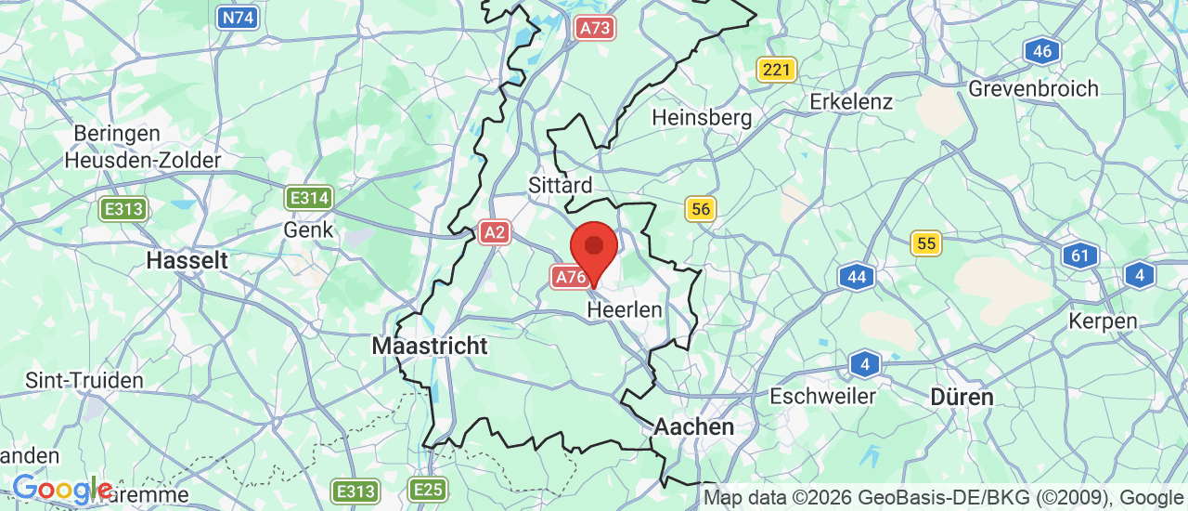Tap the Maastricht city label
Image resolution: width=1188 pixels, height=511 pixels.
[x=429, y=346]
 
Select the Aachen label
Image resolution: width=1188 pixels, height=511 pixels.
[x=694, y=426]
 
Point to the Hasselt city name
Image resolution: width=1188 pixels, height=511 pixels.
[x=187, y=260]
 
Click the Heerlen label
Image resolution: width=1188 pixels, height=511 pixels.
[x=625, y=309]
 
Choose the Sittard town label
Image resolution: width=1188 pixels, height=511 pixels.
[x=560, y=185]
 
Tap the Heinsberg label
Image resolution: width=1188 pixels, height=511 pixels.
[x=702, y=118]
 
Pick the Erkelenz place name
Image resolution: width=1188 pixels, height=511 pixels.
[x=851, y=100]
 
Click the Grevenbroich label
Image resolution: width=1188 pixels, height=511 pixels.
[x=1033, y=88]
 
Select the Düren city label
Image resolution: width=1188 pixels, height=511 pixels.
[x=962, y=397]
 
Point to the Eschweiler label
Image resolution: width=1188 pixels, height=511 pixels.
[x=822, y=396]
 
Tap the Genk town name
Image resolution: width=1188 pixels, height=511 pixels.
[x=309, y=229]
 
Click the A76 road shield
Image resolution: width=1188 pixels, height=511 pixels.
[x=570, y=276]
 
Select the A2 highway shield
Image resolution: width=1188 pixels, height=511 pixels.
[x=495, y=232]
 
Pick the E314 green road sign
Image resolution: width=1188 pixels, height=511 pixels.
[x=309, y=197]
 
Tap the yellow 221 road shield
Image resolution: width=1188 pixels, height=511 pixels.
[x=777, y=70]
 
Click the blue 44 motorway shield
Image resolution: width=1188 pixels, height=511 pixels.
[x=857, y=276]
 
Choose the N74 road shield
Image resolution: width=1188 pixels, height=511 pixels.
[x=238, y=16]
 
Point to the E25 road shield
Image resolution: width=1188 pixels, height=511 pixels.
[x=428, y=490]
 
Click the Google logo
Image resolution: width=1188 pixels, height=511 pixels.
[x=61, y=488]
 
